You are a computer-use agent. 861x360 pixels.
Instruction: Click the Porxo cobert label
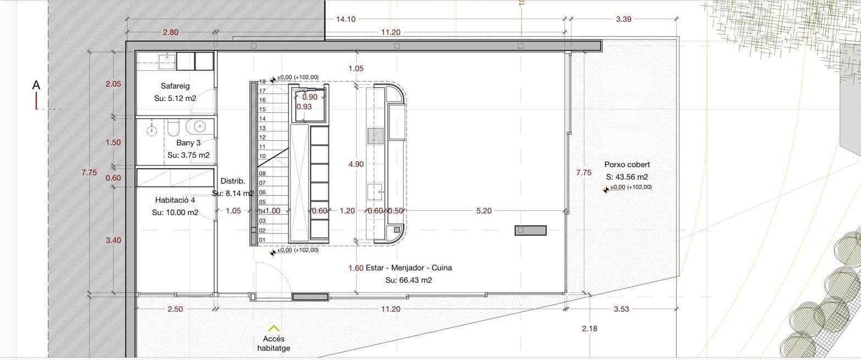pyautogui.click(x=627, y=164)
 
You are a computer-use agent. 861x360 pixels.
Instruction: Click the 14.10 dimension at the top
pyautogui.click(x=346, y=19)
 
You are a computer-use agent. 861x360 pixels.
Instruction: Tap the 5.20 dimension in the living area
pyautogui.click(x=484, y=211)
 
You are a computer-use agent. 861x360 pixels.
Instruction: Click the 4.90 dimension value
pyautogui.click(x=356, y=164)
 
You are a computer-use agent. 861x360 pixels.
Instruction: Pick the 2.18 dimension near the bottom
pyautogui.click(x=589, y=329)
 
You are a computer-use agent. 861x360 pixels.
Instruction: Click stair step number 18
pyautogui.click(x=262, y=81)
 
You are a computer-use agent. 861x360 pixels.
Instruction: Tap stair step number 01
pyautogui.click(x=262, y=240)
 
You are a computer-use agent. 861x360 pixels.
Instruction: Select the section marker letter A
pyautogui.click(x=36, y=85)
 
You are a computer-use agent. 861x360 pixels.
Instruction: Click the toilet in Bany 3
pyautogui.click(x=173, y=129)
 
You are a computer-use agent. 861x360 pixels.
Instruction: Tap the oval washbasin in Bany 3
pyautogui.click(x=196, y=127)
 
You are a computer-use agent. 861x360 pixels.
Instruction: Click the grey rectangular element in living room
pyautogui.click(x=530, y=230)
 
